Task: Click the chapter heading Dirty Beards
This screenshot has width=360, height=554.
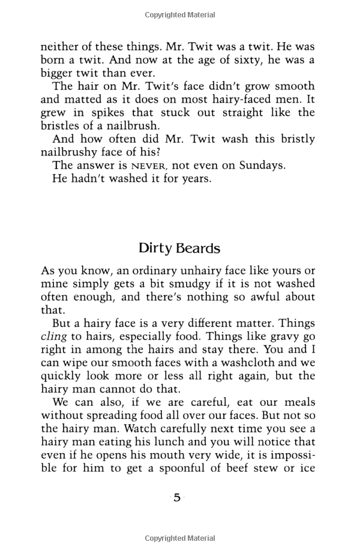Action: pos(179,248)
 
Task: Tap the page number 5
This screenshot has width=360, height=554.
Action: pos(177,498)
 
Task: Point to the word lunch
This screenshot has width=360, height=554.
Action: pos(162,442)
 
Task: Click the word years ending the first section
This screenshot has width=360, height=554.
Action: pos(194,178)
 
